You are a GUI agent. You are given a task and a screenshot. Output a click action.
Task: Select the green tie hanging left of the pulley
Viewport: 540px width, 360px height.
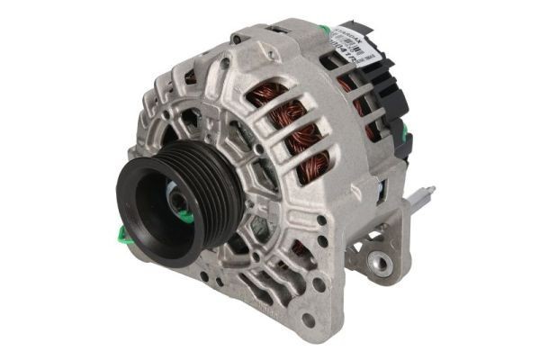click(122, 236)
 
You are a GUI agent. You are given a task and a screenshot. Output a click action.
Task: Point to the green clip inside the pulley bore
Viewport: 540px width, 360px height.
click(184, 216)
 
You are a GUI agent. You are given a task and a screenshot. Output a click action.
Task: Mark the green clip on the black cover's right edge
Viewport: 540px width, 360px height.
click(404, 135)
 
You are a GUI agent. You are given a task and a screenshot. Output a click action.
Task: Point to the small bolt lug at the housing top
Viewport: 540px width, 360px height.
click(237, 39)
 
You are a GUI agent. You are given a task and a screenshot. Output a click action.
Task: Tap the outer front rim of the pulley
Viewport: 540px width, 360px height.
click(135, 225)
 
